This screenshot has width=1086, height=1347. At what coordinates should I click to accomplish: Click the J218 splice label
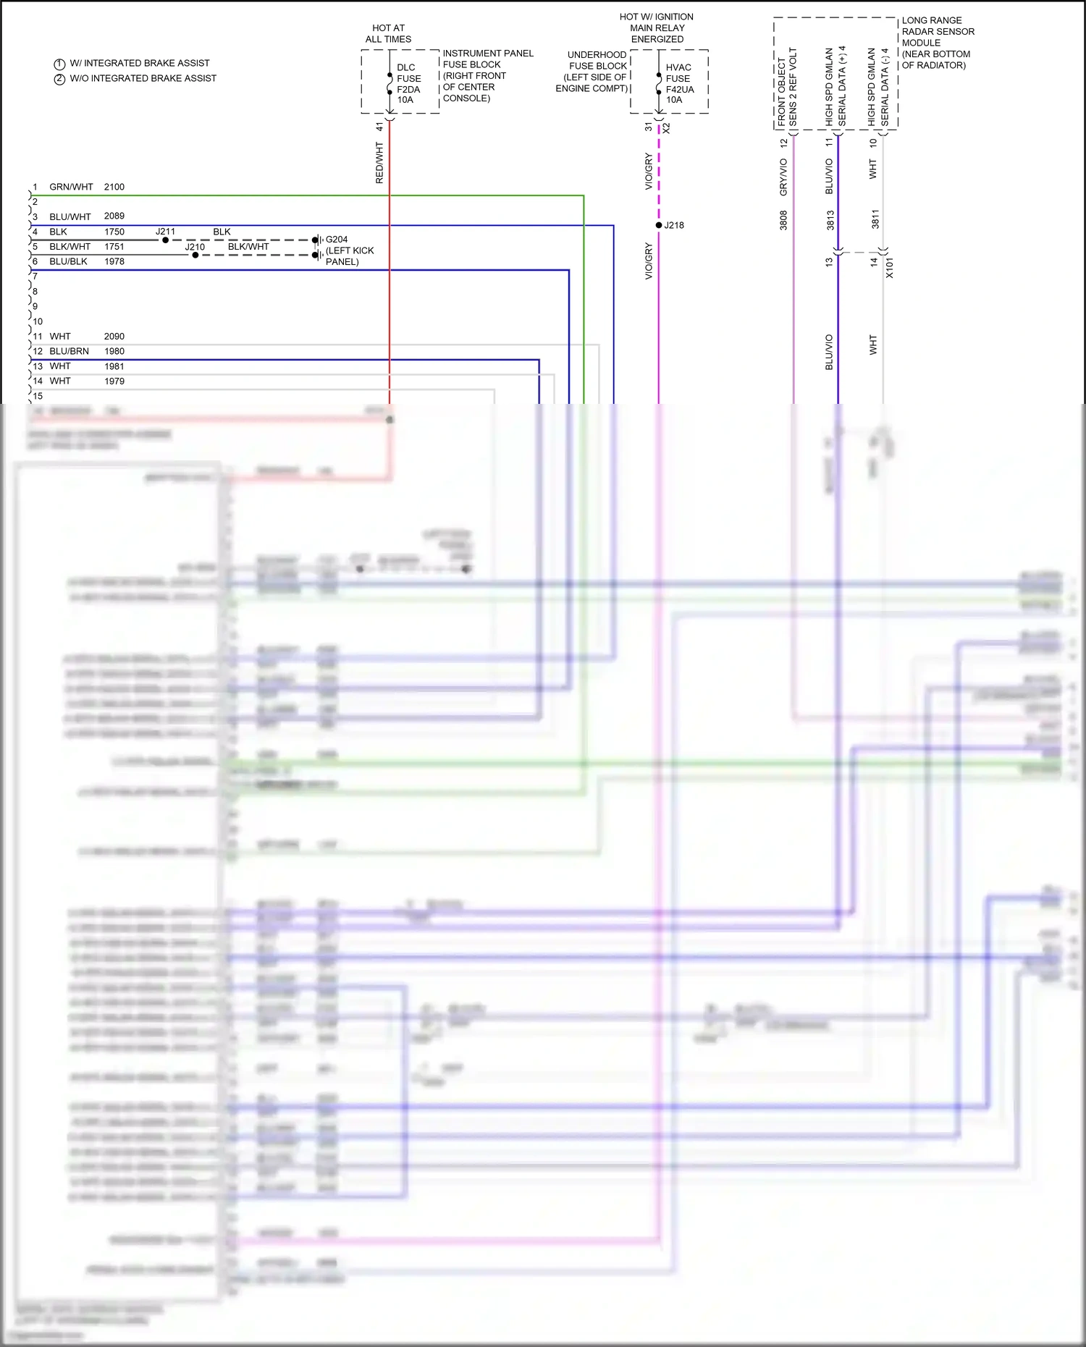tap(674, 225)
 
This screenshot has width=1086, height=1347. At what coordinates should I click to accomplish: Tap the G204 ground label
tap(337, 240)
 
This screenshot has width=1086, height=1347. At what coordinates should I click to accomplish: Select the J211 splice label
tap(165, 232)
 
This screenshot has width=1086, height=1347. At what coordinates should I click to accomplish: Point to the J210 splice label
tap(195, 247)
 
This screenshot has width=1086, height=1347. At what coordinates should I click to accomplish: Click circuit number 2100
tap(114, 187)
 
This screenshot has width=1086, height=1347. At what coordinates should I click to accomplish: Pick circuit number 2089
tap(114, 216)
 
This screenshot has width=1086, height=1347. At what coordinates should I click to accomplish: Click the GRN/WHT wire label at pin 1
tap(71, 187)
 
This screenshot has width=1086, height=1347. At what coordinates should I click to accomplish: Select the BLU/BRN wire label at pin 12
tap(69, 351)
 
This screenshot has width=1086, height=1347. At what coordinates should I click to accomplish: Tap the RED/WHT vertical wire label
tap(379, 163)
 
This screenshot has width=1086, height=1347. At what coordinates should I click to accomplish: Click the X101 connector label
tap(890, 268)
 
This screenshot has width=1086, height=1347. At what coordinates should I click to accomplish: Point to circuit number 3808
tap(783, 220)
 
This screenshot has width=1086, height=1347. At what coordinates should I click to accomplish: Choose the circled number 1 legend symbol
tap(60, 64)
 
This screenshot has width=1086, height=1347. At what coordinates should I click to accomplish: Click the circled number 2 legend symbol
tap(60, 79)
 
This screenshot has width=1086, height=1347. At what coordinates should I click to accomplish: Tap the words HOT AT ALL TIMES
tap(388, 33)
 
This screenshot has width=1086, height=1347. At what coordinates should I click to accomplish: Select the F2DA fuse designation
tap(408, 89)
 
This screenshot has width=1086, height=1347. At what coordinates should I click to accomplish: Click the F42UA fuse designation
tap(680, 89)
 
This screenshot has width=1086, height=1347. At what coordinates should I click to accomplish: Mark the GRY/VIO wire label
tap(783, 177)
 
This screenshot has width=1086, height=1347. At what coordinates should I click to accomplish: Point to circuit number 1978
tap(114, 261)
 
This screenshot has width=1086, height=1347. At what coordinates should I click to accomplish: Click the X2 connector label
tap(666, 128)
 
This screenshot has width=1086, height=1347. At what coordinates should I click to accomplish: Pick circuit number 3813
tap(830, 220)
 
